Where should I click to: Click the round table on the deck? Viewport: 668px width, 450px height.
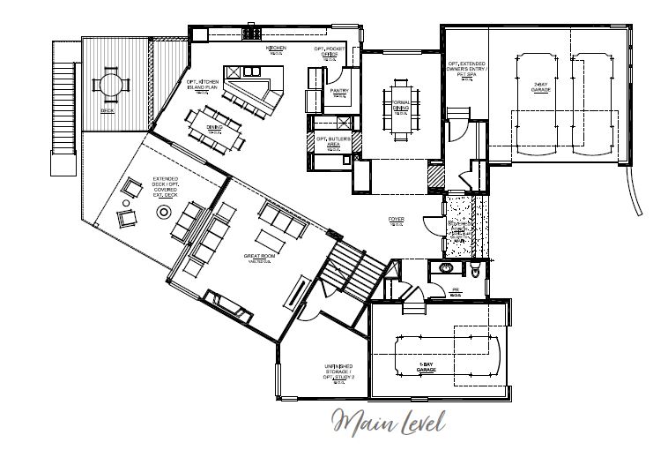[x=111, y=85]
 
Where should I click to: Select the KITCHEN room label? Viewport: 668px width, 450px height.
[x=277, y=49]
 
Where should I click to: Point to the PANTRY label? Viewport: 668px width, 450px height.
[x=339, y=91]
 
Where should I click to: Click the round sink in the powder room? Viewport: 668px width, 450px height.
[x=446, y=269]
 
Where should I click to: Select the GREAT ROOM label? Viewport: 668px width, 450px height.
[x=260, y=259]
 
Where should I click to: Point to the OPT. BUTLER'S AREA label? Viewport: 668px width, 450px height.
[x=339, y=141]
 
